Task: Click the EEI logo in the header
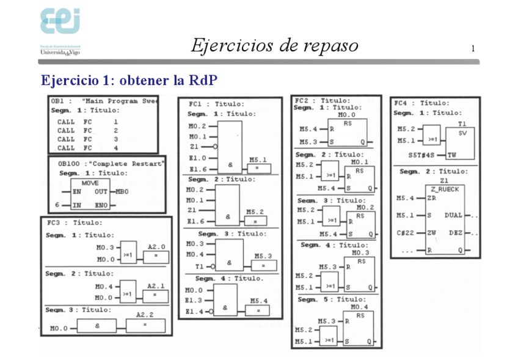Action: click(x=60, y=23)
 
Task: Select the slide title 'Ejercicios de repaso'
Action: click(x=274, y=46)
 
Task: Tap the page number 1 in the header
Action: click(x=473, y=49)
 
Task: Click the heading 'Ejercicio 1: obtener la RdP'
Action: click(x=129, y=81)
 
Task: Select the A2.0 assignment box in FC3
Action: click(x=156, y=255)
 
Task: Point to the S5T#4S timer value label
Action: click(x=423, y=155)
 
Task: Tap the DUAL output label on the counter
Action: click(x=453, y=215)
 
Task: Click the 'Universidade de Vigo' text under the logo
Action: click(x=60, y=53)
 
